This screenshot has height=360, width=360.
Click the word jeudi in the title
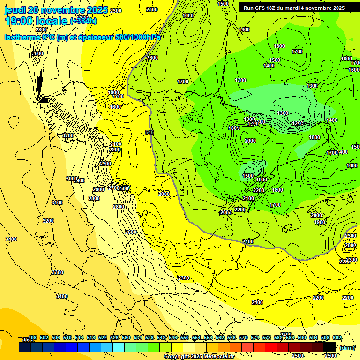pyautogui.click(x=15, y=10)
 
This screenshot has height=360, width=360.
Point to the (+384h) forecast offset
pyautogui.click(x=83, y=21)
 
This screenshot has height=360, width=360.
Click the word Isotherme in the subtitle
pyautogui.click(x=22, y=37)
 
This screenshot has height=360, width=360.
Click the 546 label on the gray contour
pyautogui.click(x=150, y=133)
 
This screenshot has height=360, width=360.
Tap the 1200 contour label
pyautogui.click(x=298, y=124)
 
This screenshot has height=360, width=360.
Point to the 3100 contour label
pyautogui.click(x=57, y=202)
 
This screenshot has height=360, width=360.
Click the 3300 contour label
pyautogui.click(x=57, y=272)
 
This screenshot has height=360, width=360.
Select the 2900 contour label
pyautogui.click(x=98, y=189)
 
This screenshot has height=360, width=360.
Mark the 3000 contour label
pyautogui.click(x=71, y=179)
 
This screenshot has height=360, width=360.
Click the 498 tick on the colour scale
pyautogui.click(x=32, y=337)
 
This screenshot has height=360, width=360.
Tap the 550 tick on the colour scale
pyautogui.click(x=185, y=337)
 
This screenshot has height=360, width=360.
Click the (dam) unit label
pyautogui.click(x=347, y=348)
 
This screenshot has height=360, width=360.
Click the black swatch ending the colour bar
pyautogui.click(x=330, y=347)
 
